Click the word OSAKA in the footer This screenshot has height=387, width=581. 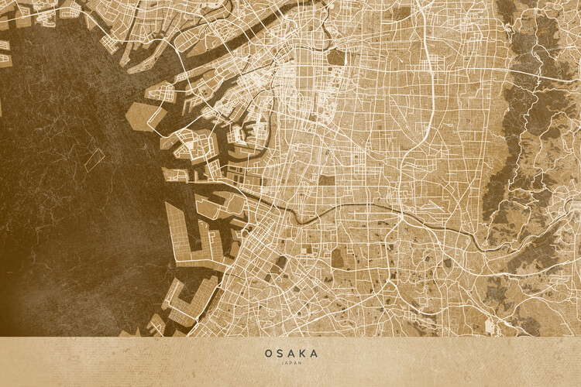tap(290, 353)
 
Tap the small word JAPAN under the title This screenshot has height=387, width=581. tap(290, 363)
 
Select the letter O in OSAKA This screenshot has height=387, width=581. tap(269, 353)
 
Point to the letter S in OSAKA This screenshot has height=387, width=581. tap(280, 353)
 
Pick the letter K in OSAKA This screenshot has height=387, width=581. tap(302, 353)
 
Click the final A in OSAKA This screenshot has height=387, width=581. tap(313, 353)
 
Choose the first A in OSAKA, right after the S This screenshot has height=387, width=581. tap(290, 353)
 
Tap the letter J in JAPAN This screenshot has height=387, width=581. tap(284, 363)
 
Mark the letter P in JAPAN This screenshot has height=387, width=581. tap(290, 363)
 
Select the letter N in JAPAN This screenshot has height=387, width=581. tap(298, 363)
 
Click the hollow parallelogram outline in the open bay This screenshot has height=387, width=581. tap(94, 160)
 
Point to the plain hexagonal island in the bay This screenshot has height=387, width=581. tap(146, 116)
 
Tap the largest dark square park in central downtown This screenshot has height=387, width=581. tap(337, 57)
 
